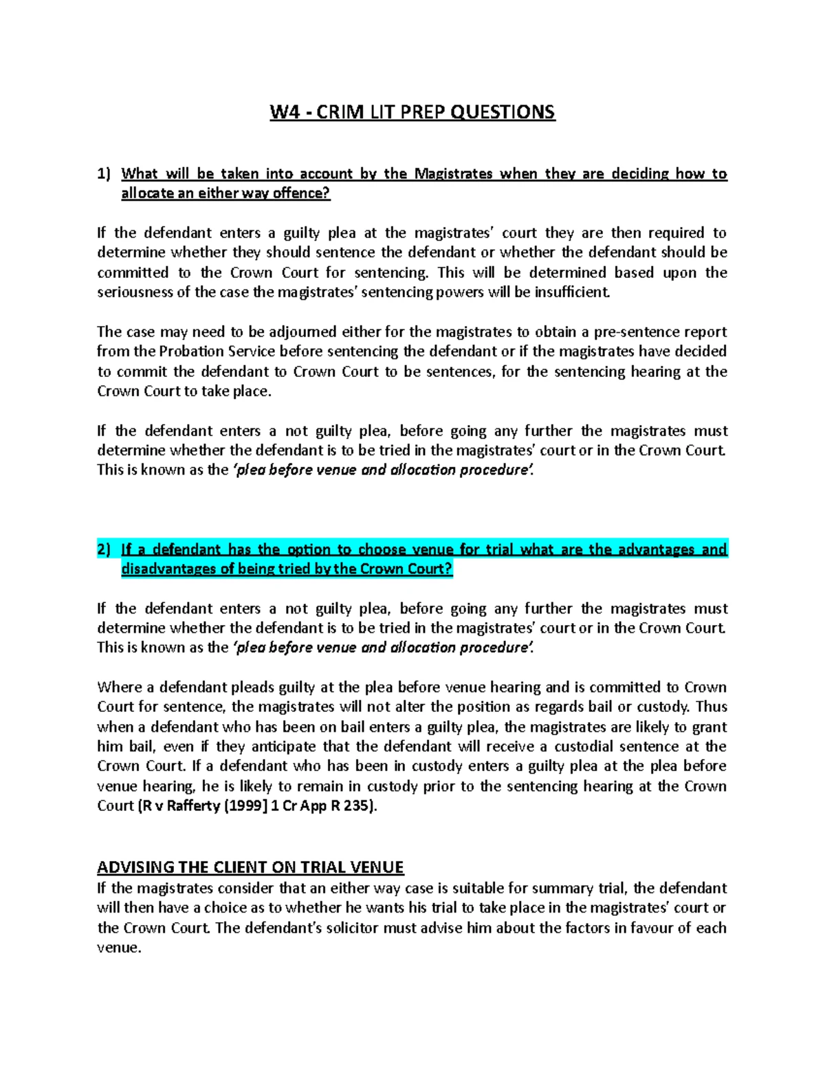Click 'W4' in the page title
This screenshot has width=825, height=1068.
tap(285, 112)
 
